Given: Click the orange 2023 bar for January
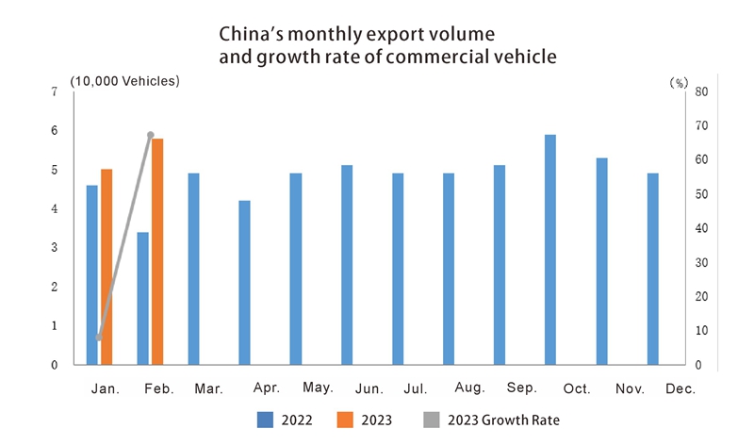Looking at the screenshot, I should pos(107,267).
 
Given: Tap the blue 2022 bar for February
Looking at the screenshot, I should pos(142,298).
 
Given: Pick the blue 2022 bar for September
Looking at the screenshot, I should pos(500,265).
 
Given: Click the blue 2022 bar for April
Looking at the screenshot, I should pos(244,282).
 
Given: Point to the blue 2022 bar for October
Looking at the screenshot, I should pos(550,250).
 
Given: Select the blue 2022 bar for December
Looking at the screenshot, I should pos(652,269).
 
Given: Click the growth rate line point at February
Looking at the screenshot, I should pos(151,135).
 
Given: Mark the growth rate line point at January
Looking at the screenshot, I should pos(99,338).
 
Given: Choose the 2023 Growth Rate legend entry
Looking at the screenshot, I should pos(496,420).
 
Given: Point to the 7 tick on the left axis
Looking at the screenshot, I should pos(55,91).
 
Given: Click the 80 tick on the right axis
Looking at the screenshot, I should pos(700,91).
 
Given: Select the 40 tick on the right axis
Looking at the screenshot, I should pos(700,228).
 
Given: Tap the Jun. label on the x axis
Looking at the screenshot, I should pos(369,388).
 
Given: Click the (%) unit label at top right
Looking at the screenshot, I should pos(679,82).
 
